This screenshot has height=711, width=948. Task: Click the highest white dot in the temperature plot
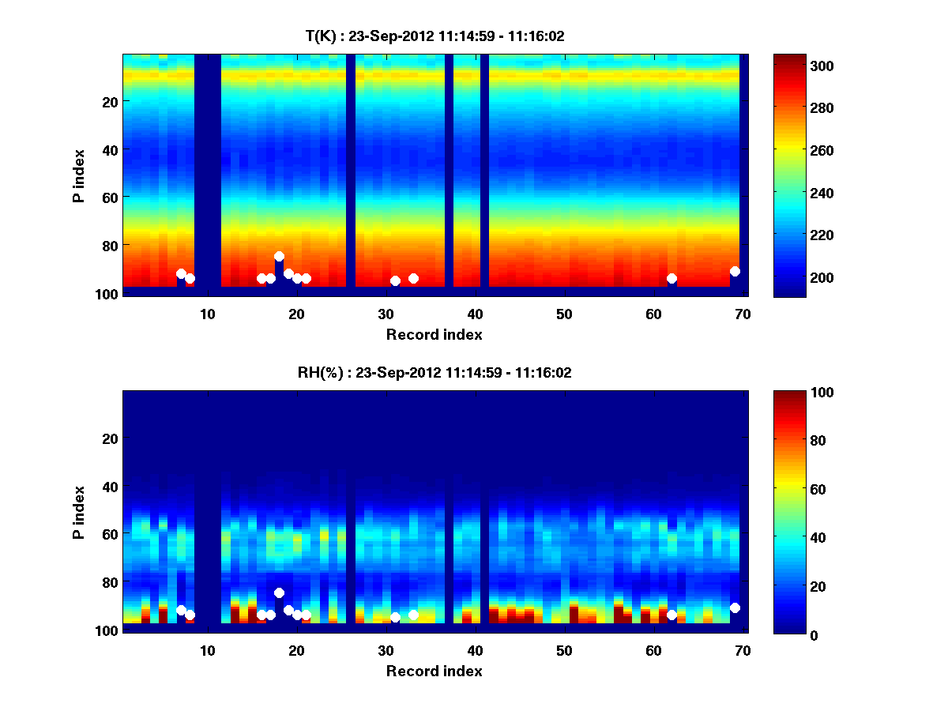(279, 256)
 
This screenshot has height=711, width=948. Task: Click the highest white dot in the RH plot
(279, 592)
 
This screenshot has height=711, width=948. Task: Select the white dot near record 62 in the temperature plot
(671, 278)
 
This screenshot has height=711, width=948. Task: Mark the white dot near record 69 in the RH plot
(735, 608)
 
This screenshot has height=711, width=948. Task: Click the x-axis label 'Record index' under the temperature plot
(434, 334)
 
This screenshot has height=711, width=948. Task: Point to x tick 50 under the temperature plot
(564, 314)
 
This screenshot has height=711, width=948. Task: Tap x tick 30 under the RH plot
(386, 650)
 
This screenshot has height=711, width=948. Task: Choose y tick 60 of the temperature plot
(109, 197)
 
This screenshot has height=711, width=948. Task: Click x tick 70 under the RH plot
(743, 650)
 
